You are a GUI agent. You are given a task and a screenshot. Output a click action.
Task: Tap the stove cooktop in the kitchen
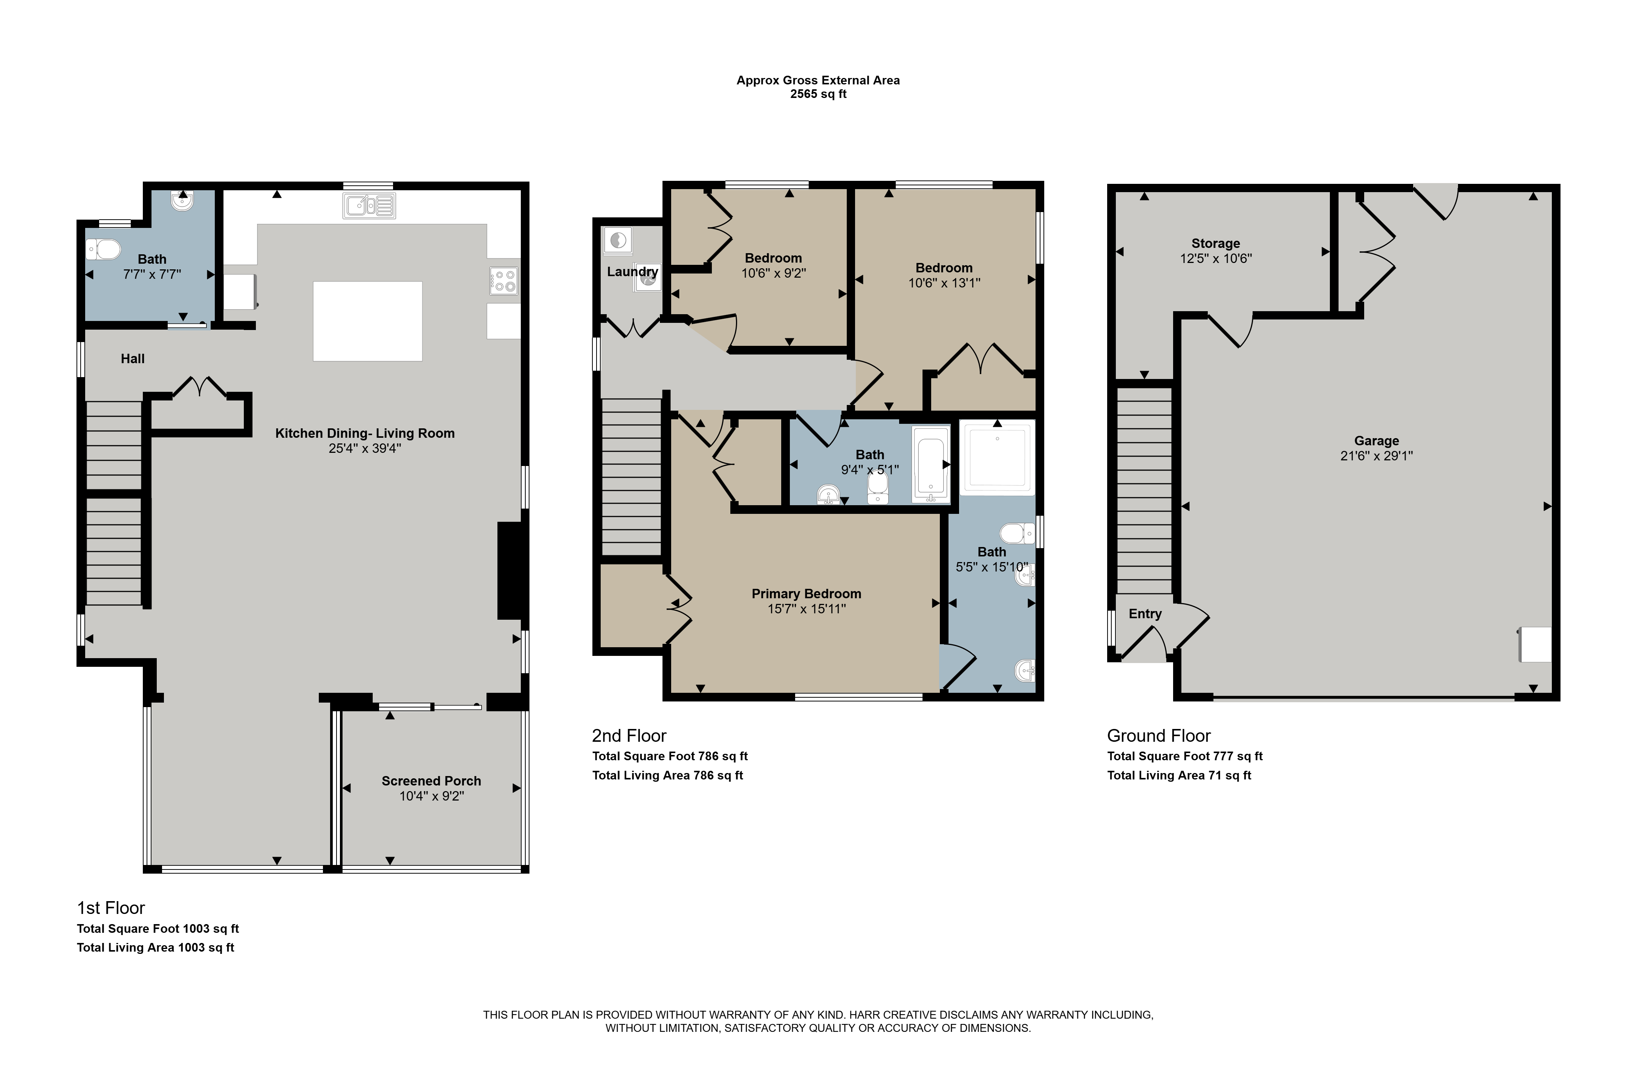click(504, 281)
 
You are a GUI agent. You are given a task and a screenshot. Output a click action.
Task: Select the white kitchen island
click(367, 321)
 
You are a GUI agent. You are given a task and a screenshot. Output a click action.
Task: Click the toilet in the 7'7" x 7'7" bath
click(103, 249)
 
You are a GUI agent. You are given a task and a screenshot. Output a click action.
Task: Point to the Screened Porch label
click(431, 781)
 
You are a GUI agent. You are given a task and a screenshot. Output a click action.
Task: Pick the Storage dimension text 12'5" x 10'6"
click(1216, 258)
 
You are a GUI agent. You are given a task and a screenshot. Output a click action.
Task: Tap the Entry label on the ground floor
click(1145, 614)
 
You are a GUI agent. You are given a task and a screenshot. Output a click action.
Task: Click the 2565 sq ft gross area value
click(818, 94)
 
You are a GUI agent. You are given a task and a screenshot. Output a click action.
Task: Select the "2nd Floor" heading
click(629, 735)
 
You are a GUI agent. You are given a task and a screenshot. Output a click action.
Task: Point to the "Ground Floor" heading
click(1159, 735)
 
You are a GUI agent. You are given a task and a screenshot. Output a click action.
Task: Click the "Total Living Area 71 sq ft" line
click(1179, 775)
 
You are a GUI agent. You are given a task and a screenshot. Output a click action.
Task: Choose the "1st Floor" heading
click(111, 908)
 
